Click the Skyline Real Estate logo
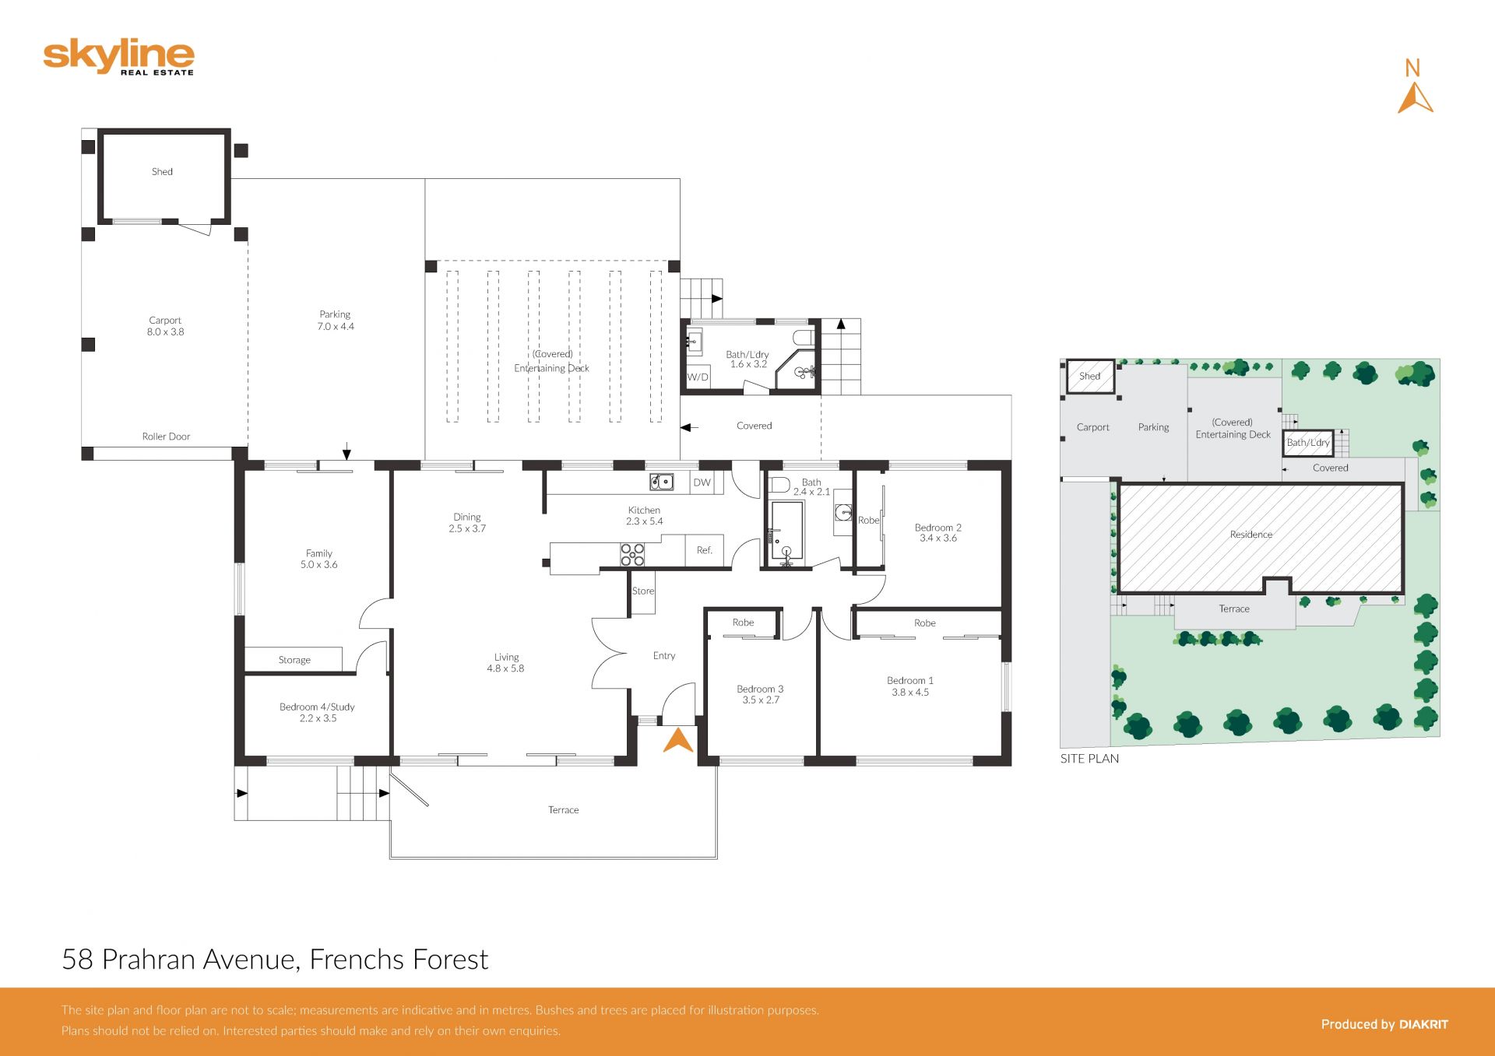coord(118,57)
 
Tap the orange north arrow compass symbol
coord(1415,98)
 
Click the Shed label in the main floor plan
coord(162,172)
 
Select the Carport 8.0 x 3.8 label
coord(165,326)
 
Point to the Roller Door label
coord(166,437)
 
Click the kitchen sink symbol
coord(662,482)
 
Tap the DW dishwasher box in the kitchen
coord(702,482)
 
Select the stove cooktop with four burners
coord(632,554)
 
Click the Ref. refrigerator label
coord(705,550)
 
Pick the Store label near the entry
coord(643,591)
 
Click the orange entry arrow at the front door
coord(678,740)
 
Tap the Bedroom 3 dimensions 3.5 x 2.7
coord(761,700)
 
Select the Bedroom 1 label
coord(910,680)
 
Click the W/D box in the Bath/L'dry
coord(698,377)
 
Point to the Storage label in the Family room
coord(294,660)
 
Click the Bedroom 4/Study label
coord(317,707)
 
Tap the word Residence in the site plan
coord(1251,535)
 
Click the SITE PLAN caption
coord(1089,759)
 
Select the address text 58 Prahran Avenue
coord(180,960)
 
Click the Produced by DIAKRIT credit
coord(1384,1025)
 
